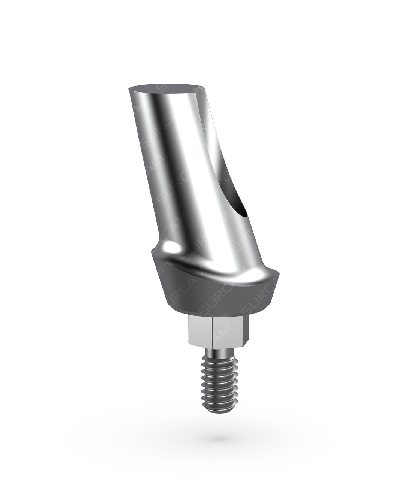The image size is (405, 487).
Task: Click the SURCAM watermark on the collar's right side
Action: click(259, 296)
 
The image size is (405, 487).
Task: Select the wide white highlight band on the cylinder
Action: click(191, 169)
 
